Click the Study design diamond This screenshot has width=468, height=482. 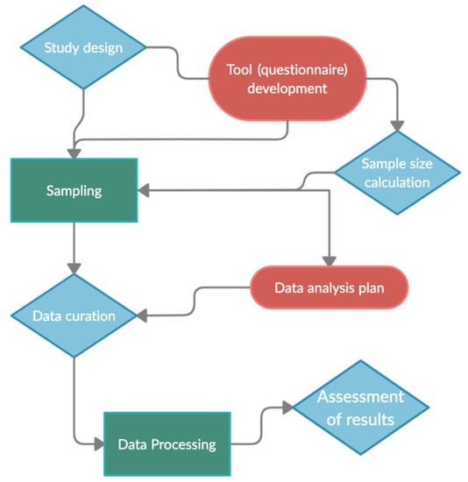click(83, 46)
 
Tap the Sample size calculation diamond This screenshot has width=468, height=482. click(397, 171)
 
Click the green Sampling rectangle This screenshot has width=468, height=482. click(74, 190)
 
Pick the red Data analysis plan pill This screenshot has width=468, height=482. click(330, 287)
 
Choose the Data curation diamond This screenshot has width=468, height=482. click(74, 315)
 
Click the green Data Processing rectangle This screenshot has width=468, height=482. click(167, 443)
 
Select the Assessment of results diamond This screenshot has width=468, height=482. click(359, 408)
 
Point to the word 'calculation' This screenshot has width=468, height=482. click(396, 182)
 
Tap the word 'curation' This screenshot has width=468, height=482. click(93, 315)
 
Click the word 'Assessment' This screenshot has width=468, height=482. click(359, 396)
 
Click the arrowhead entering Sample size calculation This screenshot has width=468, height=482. click(397, 124)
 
